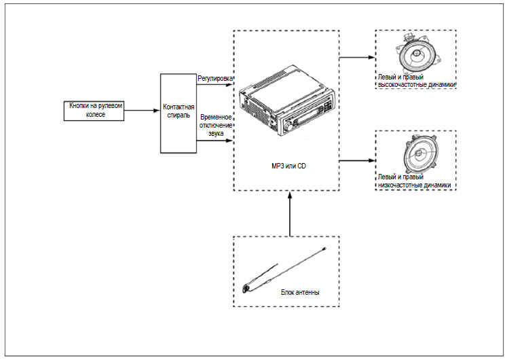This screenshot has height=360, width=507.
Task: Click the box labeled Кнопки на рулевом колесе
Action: coord(96,111)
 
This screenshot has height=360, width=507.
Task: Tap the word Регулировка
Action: coord(214,78)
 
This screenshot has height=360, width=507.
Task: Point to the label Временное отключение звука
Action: coord(217,126)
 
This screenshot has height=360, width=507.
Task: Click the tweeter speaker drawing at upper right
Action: coord(415,56)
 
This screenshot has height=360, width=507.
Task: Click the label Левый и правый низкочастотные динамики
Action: coord(415,181)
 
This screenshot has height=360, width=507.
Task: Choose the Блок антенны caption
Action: coord(299,292)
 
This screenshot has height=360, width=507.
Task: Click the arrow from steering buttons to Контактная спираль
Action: coord(142,111)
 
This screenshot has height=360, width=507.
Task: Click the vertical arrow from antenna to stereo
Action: coord(290,214)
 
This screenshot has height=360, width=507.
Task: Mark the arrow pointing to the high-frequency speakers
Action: coord(356,57)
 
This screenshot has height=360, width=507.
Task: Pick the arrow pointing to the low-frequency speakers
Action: coord(356,161)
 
